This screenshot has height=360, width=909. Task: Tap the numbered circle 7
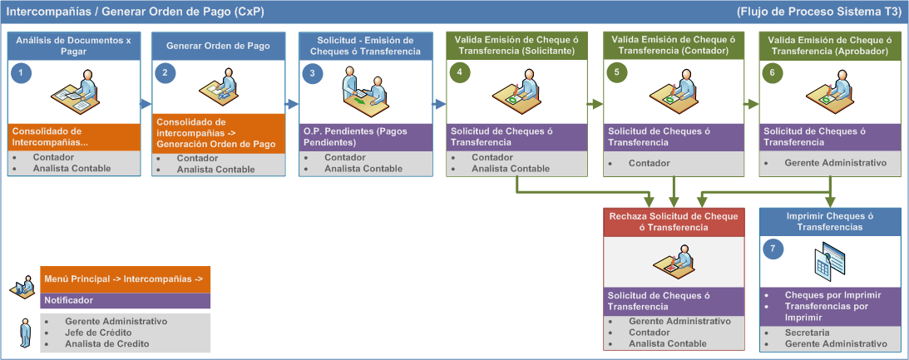coord(773,249)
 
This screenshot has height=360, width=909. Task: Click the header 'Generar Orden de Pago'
coord(218,46)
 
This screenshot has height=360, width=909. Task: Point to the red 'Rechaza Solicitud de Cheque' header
coord(674,222)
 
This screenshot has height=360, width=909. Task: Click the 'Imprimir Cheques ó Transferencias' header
coord(830,222)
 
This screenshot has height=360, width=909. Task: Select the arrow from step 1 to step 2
coord(146,105)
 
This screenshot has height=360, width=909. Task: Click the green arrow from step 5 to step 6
coord(751,105)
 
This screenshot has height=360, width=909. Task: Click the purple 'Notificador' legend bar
coord(126,300)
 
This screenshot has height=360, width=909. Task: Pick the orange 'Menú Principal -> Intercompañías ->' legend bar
coord(126,279)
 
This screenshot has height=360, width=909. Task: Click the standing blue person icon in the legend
coord(25,333)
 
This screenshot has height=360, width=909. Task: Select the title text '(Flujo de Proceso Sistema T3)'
coord(820,12)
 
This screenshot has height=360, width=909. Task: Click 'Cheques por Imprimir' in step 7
coord(833,295)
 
